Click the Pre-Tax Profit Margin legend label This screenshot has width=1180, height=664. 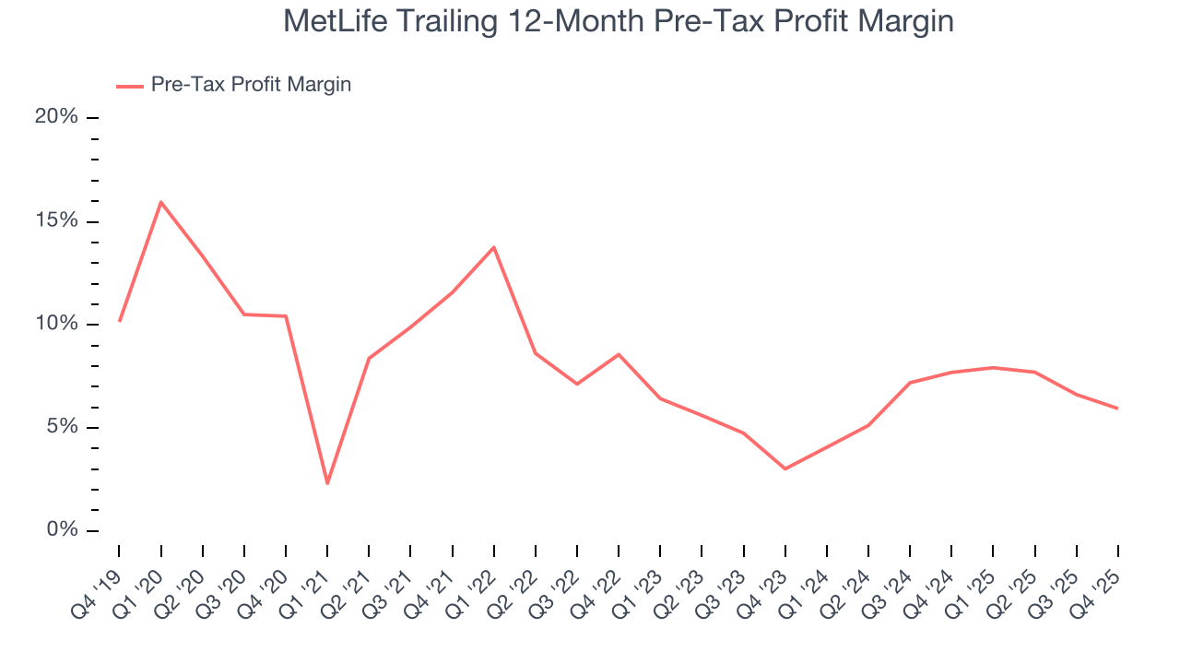click(251, 85)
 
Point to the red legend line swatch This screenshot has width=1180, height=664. click(130, 86)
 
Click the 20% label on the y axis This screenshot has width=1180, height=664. click(56, 117)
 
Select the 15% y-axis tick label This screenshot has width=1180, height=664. click(56, 220)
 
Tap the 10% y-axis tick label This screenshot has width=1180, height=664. click(56, 324)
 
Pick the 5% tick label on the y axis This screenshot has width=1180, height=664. click(62, 427)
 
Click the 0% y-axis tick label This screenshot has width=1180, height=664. click(62, 530)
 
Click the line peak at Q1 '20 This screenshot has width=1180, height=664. click(161, 202)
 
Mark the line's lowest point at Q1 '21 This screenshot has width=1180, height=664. click(327, 483)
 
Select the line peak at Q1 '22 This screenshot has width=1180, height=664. click(494, 247)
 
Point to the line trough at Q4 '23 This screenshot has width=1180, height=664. click(785, 468)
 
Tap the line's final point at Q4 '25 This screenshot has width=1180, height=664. click(1117, 409)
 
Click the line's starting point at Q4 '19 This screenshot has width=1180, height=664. click(120, 321)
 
